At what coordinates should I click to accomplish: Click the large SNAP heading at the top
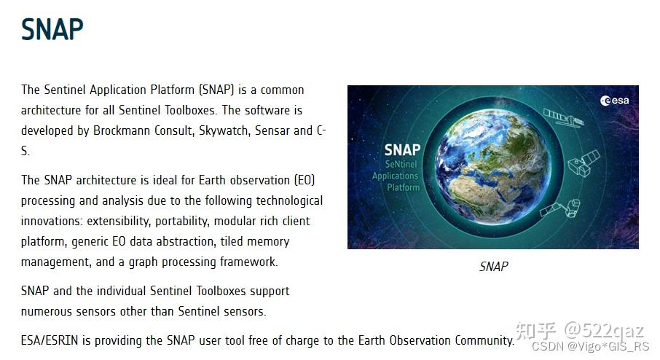pos(52,29)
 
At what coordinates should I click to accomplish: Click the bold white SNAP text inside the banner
pos(401,149)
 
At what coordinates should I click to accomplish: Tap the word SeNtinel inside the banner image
pos(396,165)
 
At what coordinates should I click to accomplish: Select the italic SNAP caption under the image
pos(493,267)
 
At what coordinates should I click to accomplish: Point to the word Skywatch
pos(222,131)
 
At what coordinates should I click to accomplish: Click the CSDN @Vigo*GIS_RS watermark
pos(589,347)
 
